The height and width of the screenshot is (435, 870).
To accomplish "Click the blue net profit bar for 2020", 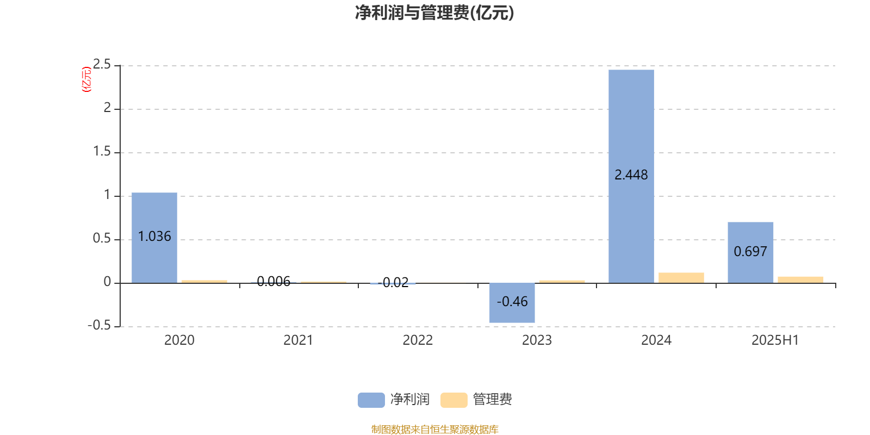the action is [x=154, y=238].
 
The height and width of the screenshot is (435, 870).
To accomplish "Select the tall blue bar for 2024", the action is [x=631, y=176].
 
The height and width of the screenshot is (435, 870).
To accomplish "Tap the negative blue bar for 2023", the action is [x=512, y=303].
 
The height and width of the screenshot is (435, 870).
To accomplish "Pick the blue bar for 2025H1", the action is [x=750, y=252].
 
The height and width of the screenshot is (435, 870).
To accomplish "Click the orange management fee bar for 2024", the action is [x=681, y=278].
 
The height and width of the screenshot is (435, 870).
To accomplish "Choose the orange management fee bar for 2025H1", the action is [x=800, y=279].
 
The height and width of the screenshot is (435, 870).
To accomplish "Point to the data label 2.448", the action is [x=631, y=175].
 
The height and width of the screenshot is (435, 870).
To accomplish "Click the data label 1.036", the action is [x=154, y=237].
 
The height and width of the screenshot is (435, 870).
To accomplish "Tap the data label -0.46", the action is [x=512, y=302].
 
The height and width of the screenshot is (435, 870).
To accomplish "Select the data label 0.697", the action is [x=750, y=252].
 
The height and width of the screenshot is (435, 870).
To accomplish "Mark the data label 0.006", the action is [x=274, y=282].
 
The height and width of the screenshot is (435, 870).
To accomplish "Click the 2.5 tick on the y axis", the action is [x=102, y=65].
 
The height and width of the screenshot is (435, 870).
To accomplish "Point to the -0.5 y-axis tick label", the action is [x=99, y=326].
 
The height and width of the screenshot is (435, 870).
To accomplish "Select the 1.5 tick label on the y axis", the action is [x=102, y=152].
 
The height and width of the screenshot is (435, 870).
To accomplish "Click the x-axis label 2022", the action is [x=418, y=340].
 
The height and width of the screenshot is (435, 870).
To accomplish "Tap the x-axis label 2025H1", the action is [x=775, y=340].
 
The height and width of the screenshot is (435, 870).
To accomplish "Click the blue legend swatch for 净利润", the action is [x=371, y=400].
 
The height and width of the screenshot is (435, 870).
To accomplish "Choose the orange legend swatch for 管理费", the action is [x=453, y=400].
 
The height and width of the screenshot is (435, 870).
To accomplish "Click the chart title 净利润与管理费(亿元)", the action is [x=434, y=13].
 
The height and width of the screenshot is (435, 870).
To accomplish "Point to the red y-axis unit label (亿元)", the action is [x=86, y=79].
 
